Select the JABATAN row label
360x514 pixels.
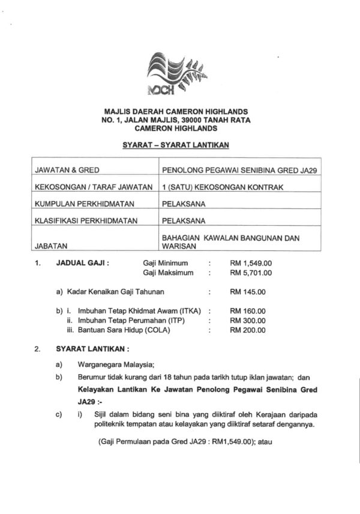[x=51, y=245]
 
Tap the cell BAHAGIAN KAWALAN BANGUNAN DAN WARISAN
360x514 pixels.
[x=230, y=241]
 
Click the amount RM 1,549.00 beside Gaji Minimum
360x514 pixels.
[x=251, y=263]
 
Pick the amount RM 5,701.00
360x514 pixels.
[x=251, y=273]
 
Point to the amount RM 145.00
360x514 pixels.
[x=247, y=292]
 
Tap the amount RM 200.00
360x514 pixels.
[x=247, y=330]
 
